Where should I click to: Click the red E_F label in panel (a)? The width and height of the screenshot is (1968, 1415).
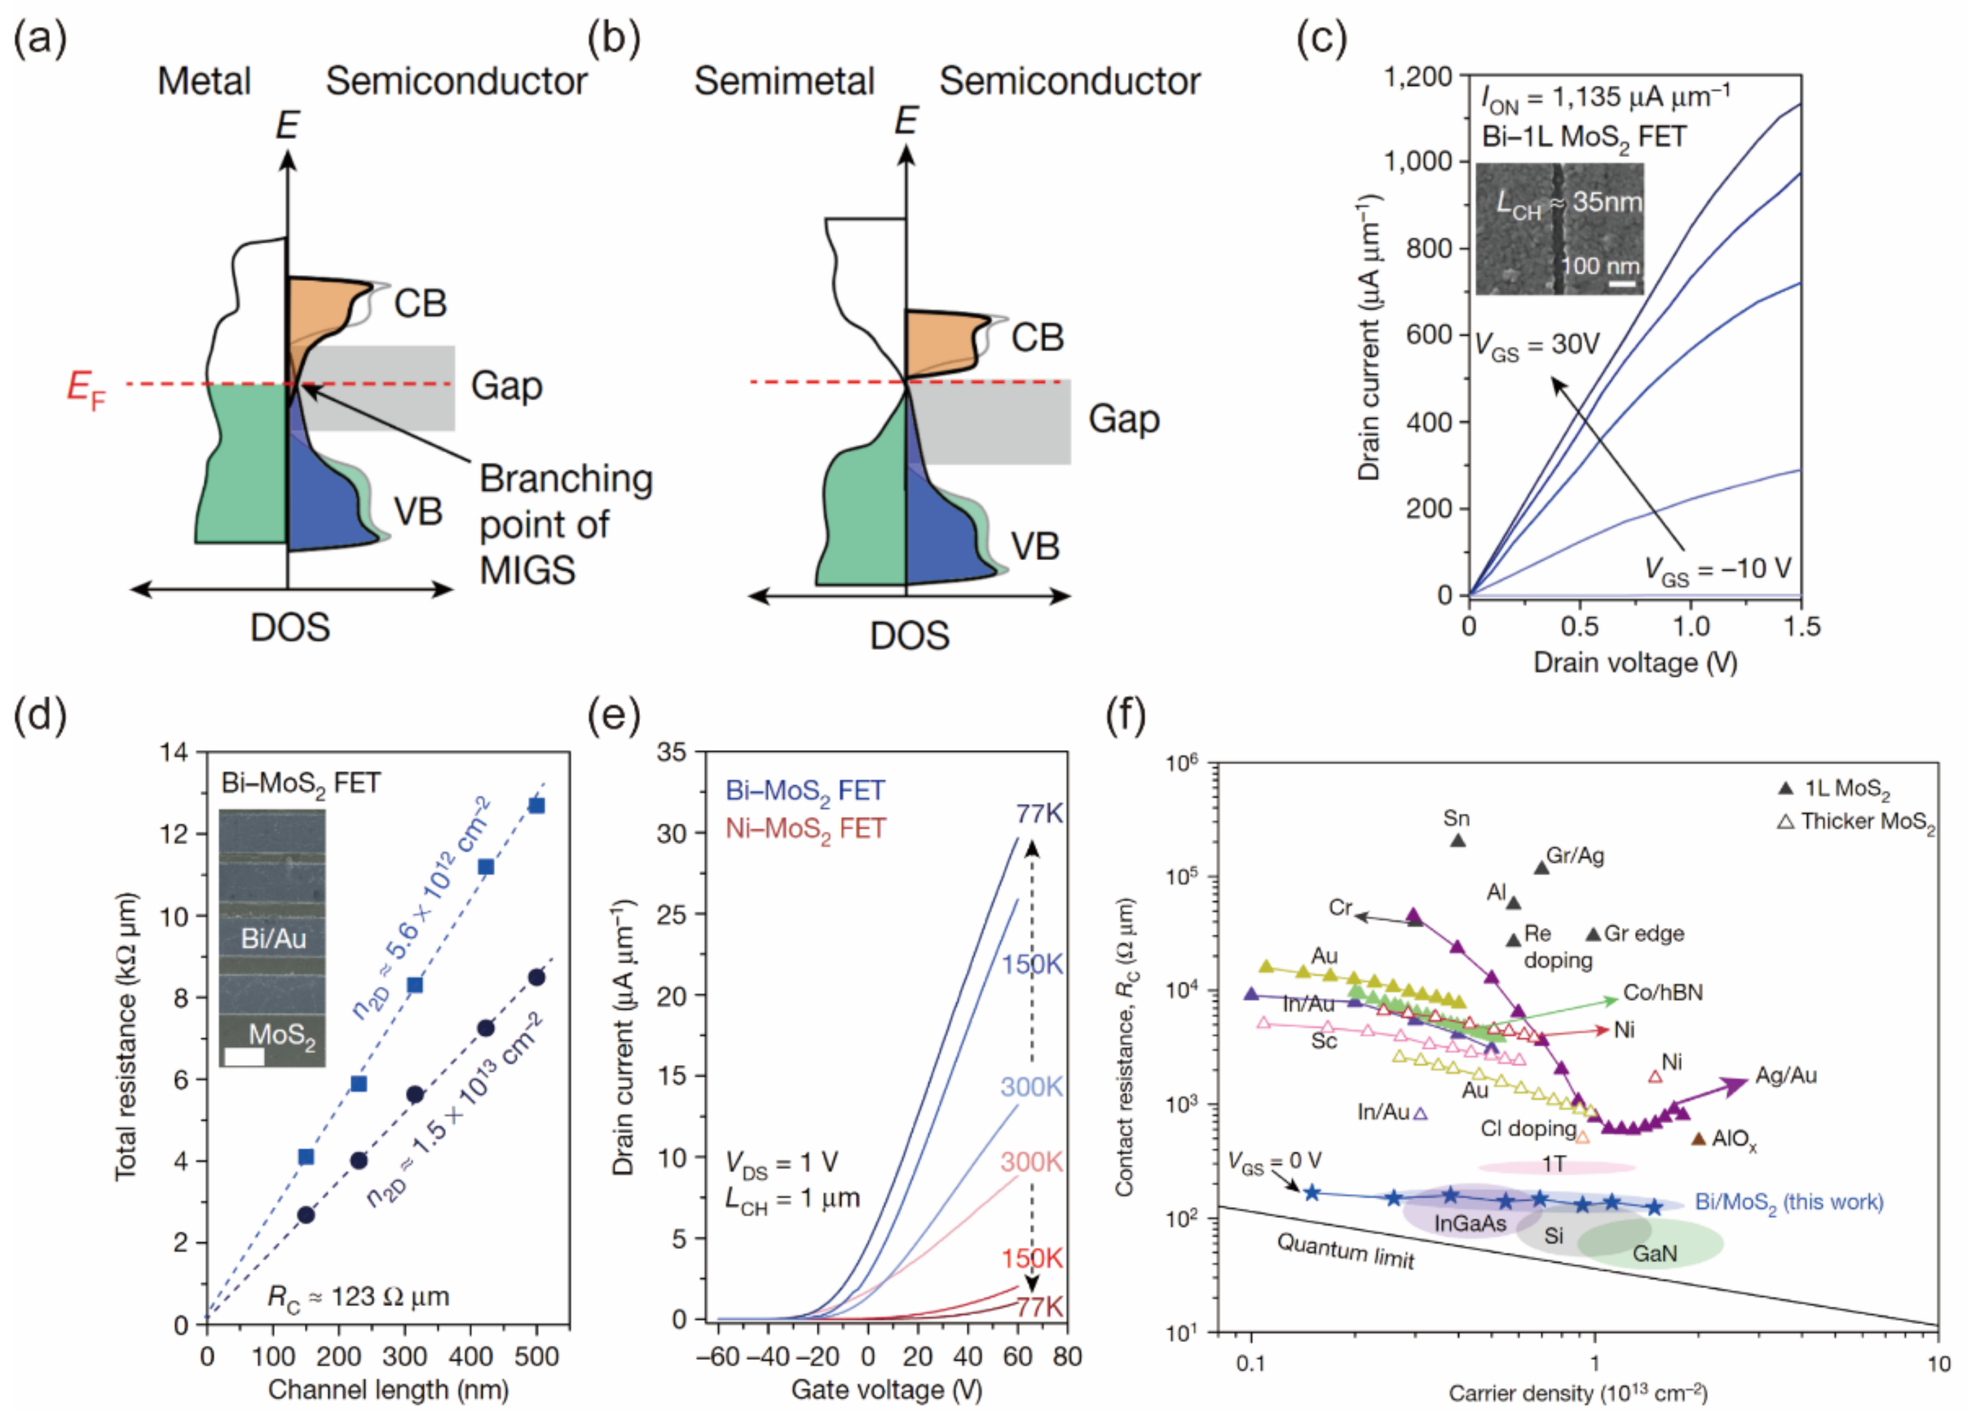coord(85,388)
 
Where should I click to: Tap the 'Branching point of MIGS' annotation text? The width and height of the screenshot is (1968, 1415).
coord(565,524)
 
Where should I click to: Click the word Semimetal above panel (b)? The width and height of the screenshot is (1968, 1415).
coord(784,81)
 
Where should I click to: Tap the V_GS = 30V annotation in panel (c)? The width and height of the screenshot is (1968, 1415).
coord(1538,346)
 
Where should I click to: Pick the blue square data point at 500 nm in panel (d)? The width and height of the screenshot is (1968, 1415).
coord(537,806)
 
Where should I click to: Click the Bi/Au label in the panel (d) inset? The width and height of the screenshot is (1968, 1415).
coord(274,938)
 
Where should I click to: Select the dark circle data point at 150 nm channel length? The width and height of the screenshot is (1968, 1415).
coord(305,1214)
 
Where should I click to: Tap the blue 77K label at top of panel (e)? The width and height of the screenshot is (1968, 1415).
coord(1039,814)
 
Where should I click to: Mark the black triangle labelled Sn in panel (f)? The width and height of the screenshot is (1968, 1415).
coord(1458,840)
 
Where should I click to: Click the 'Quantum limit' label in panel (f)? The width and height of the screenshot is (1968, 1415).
coord(1344,1251)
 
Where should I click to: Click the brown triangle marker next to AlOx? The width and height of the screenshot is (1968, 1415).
coord(1699,1138)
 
